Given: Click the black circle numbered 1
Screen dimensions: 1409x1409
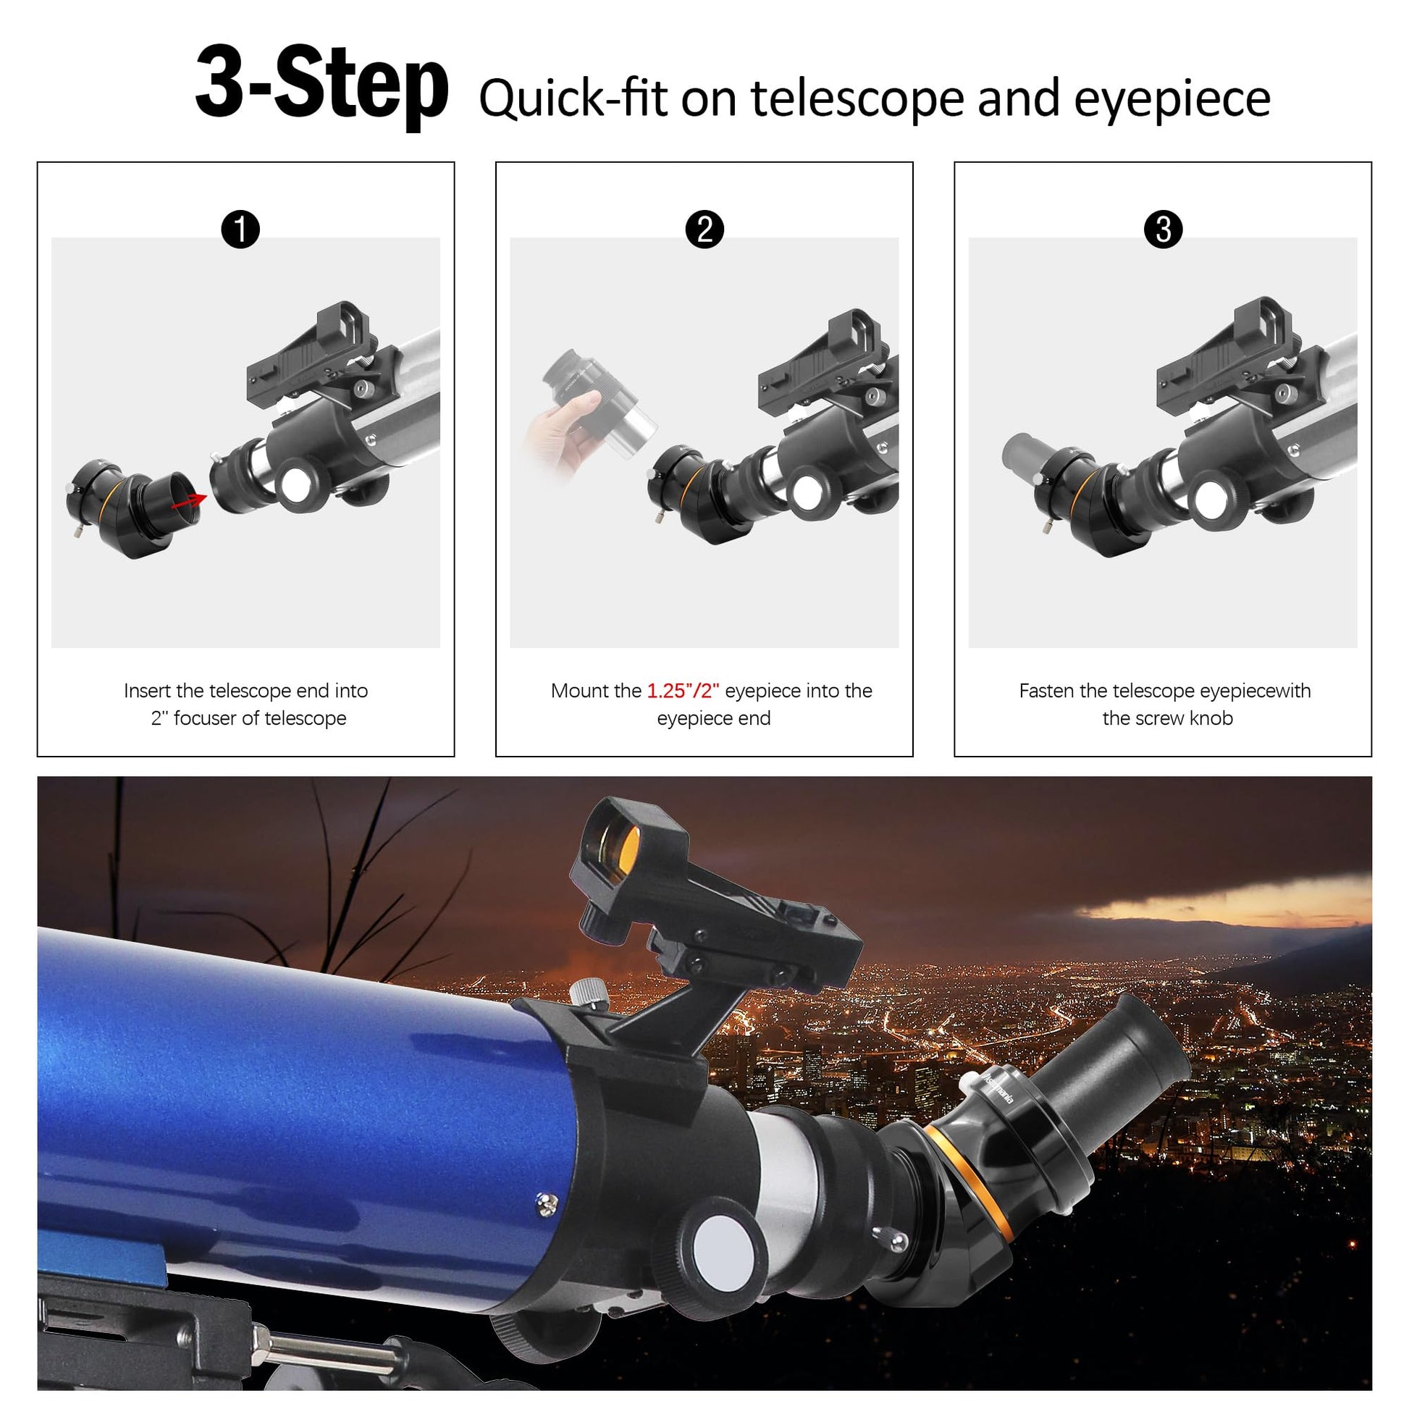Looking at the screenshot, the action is coord(240,229).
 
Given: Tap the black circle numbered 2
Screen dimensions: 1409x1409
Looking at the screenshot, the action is coord(704,229).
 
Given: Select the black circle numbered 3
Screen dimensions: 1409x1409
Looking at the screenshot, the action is coord(1164,229).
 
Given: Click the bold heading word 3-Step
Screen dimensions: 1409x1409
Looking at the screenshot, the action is coord(321,86).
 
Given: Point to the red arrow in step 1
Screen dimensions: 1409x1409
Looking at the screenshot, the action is coord(189,501).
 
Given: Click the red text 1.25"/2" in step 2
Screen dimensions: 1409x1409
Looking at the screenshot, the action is coord(684,690).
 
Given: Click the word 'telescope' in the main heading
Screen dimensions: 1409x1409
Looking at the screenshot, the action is coord(859,98).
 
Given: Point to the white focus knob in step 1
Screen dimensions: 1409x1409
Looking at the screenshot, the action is coord(296,485).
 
